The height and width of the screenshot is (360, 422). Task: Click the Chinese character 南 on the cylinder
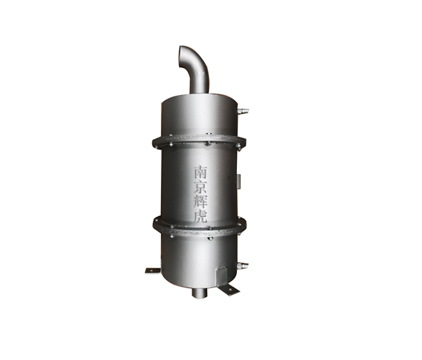[x=201, y=173]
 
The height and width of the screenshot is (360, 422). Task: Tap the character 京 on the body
[x=201, y=187]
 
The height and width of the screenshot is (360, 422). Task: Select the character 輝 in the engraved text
[x=201, y=201]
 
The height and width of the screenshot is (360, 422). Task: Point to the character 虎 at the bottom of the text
[x=201, y=216]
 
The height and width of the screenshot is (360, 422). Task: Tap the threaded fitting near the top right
[x=243, y=110]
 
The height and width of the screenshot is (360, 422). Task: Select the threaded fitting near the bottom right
[x=243, y=265]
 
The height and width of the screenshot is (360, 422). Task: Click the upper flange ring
[x=199, y=142]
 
